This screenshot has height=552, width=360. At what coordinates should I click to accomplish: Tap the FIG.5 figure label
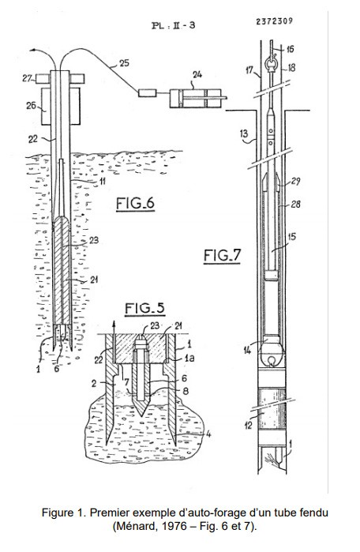tap(143, 306)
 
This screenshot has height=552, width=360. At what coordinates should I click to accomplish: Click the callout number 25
tap(123, 62)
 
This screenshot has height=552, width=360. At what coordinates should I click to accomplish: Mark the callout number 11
tap(101, 182)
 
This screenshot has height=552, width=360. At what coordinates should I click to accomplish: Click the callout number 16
tap(290, 49)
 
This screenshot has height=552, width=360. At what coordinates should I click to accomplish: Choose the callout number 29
tap(296, 182)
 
